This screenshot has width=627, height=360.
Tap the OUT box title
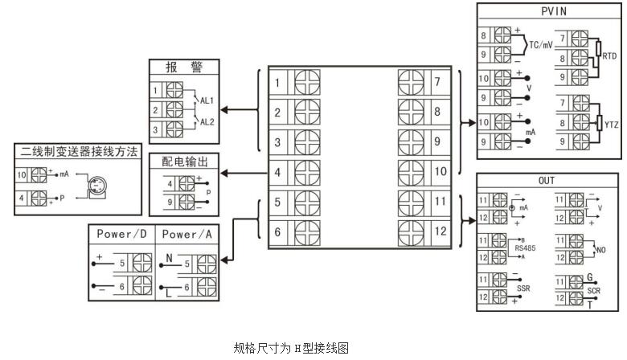click(x=547, y=181)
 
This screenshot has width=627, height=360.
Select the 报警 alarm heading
click(x=184, y=67)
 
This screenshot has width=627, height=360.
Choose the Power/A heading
click(x=186, y=234)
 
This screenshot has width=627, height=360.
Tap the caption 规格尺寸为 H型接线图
click(x=292, y=347)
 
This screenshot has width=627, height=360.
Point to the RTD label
click(x=609, y=57)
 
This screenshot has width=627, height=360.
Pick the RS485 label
click(x=525, y=248)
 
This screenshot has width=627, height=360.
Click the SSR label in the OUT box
click(x=523, y=287)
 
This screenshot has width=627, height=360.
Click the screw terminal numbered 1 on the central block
click(x=306, y=83)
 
